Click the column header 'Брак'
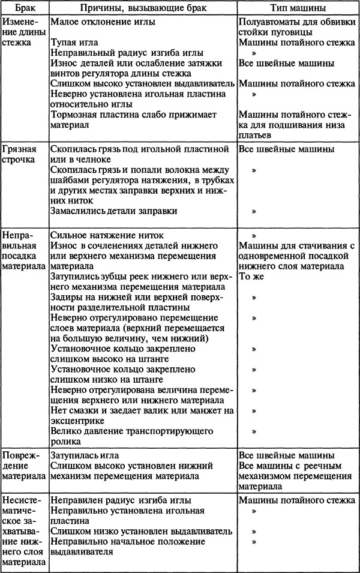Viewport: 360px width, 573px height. coord(23,8)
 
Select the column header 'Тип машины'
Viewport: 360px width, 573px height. coord(298,8)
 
